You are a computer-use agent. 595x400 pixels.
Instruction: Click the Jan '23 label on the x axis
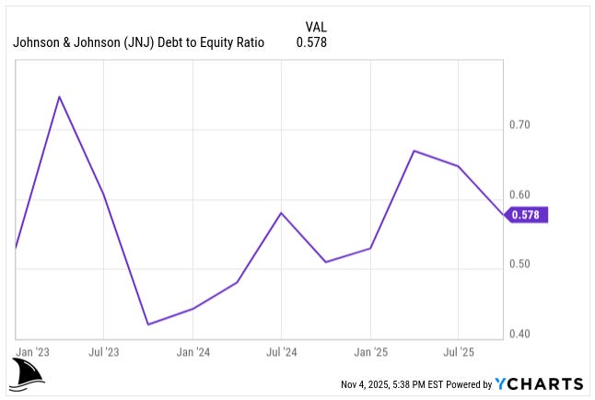click(x=34, y=352)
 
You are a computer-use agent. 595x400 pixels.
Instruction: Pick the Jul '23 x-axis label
click(x=103, y=352)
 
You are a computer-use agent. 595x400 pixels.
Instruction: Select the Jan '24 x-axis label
click(x=192, y=352)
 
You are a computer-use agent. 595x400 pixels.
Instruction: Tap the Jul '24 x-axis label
click(x=281, y=352)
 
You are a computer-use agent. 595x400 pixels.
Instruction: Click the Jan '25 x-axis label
click(x=370, y=352)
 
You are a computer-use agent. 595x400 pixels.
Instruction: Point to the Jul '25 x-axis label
click(x=458, y=352)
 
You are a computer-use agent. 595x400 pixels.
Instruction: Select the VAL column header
click(x=315, y=27)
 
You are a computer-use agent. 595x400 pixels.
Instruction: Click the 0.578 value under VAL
click(x=311, y=42)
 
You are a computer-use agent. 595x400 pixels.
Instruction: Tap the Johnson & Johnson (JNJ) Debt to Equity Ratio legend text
click(x=139, y=42)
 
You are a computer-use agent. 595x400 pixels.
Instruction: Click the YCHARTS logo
click(x=539, y=383)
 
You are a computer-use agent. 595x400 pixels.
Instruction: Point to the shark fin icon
click(x=28, y=372)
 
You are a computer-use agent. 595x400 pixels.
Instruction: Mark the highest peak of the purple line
click(x=60, y=96)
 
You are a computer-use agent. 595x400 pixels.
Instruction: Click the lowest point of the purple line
click(x=147, y=324)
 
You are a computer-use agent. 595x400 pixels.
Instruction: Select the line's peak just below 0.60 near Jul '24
click(x=281, y=213)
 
